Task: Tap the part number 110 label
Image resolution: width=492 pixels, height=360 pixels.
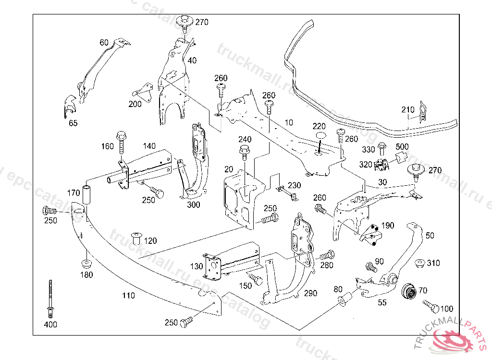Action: (x=128, y=296)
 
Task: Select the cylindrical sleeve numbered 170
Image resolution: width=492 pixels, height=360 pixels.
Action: (x=87, y=193)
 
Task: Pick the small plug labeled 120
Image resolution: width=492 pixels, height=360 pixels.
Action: (x=136, y=237)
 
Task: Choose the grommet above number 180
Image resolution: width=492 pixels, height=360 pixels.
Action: (x=87, y=264)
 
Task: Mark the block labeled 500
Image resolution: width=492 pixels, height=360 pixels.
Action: (x=401, y=156)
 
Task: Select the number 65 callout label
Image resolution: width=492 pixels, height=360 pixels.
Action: (x=73, y=123)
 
